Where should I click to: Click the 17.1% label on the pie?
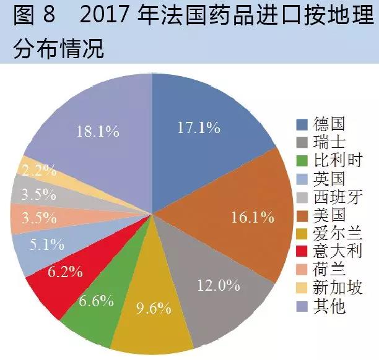click(x=199, y=127)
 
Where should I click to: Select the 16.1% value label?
click(x=253, y=216)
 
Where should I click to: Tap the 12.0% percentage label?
click(x=219, y=285)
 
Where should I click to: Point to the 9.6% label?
click(x=154, y=308)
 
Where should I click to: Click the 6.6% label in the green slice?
click(x=96, y=301)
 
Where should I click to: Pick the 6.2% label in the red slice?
click(x=65, y=272)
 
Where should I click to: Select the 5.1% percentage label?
click(x=46, y=244)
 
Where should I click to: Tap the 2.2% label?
click(x=39, y=170)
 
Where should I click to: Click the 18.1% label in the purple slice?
click(x=98, y=131)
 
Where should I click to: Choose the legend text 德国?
click(x=329, y=124)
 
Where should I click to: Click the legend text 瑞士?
click(x=329, y=142)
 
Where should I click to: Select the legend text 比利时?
click(x=338, y=160)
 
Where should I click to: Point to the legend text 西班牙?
click(x=338, y=197)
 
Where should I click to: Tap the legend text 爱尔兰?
click(x=338, y=233)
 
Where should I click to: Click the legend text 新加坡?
click(x=338, y=288)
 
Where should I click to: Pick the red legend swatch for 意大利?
click(x=302, y=251)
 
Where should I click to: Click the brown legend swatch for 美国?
click(x=302, y=216)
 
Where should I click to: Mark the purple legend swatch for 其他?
click(x=302, y=306)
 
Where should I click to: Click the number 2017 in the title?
click(x=103, y=15)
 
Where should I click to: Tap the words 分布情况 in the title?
click(x=58, y=48)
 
